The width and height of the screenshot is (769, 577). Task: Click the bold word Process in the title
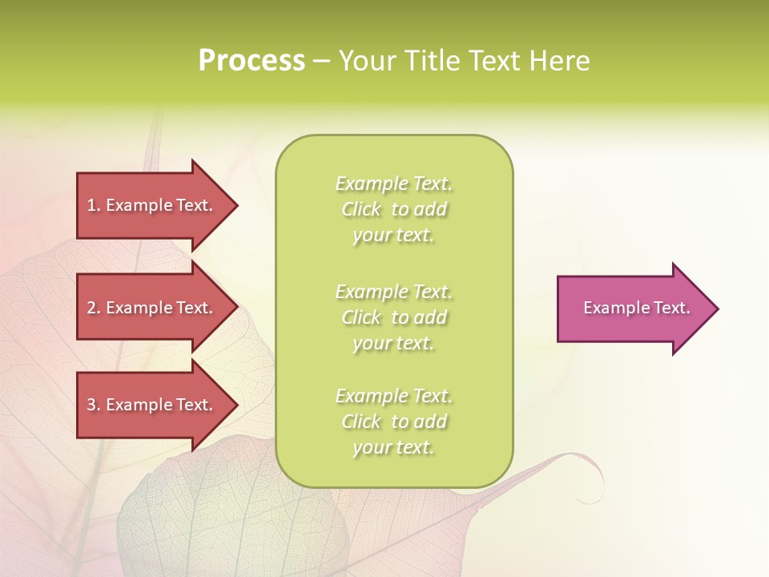point(252,61)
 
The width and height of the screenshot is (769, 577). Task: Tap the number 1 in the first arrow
point(91,205)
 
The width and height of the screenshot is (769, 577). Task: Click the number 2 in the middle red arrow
point(91,308)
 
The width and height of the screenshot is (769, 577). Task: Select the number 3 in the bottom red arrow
point(91,405)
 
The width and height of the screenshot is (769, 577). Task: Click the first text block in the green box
point(394,209)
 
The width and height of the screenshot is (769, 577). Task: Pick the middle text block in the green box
point(394,317)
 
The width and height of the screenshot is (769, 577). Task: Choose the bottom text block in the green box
point(394,422)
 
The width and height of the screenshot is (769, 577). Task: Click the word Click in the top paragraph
point(361,210)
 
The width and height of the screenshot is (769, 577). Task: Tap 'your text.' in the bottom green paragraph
point(393,447)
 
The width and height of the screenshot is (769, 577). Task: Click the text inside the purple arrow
point(637,308)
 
